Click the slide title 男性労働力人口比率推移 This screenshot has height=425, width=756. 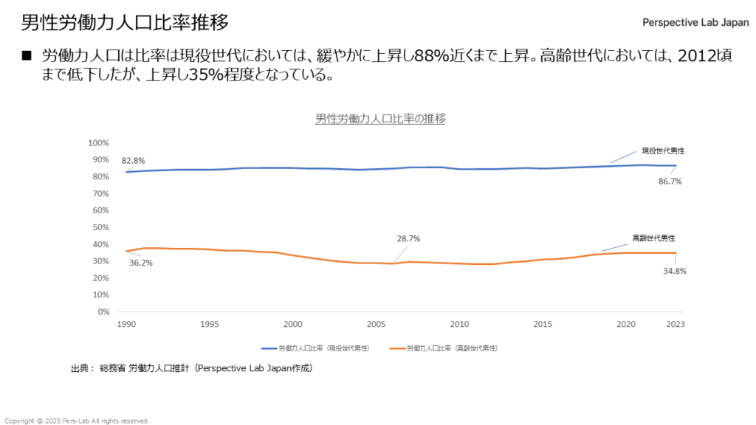pos(124,22)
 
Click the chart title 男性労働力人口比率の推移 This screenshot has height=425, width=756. pos(380,118)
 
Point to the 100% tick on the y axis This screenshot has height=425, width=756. pos(98,143)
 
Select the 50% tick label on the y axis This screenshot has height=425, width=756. pos(100,227)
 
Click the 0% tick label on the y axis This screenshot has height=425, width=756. pos(103,311)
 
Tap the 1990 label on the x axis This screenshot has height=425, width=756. pos(126,324)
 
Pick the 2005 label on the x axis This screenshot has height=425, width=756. pos(377,324)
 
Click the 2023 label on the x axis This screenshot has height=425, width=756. pos(674,324)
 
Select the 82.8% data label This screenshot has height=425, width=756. pos(134,160)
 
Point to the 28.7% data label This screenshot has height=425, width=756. pos(408,238)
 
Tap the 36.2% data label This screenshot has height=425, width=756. pos(141,263)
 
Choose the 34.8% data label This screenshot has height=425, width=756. pos(675,271)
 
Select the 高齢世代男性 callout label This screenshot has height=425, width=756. pos(653,238)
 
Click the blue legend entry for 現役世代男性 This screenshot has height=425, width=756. pos(315,347)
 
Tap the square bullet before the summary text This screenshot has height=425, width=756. pos(28,55)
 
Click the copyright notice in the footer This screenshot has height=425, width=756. pos(76,421)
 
